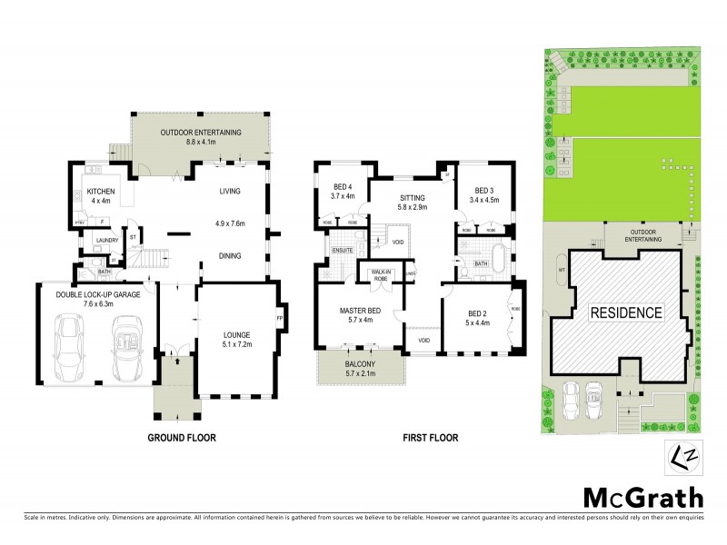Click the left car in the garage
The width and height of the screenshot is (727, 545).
70,349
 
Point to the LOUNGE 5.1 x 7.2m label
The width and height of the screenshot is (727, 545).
235,339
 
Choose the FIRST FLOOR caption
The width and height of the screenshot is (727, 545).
431,438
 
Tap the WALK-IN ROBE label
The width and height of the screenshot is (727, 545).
381,274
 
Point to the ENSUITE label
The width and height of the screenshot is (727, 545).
342,249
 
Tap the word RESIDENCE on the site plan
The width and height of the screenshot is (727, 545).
627,312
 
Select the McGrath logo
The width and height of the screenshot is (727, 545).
642,497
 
